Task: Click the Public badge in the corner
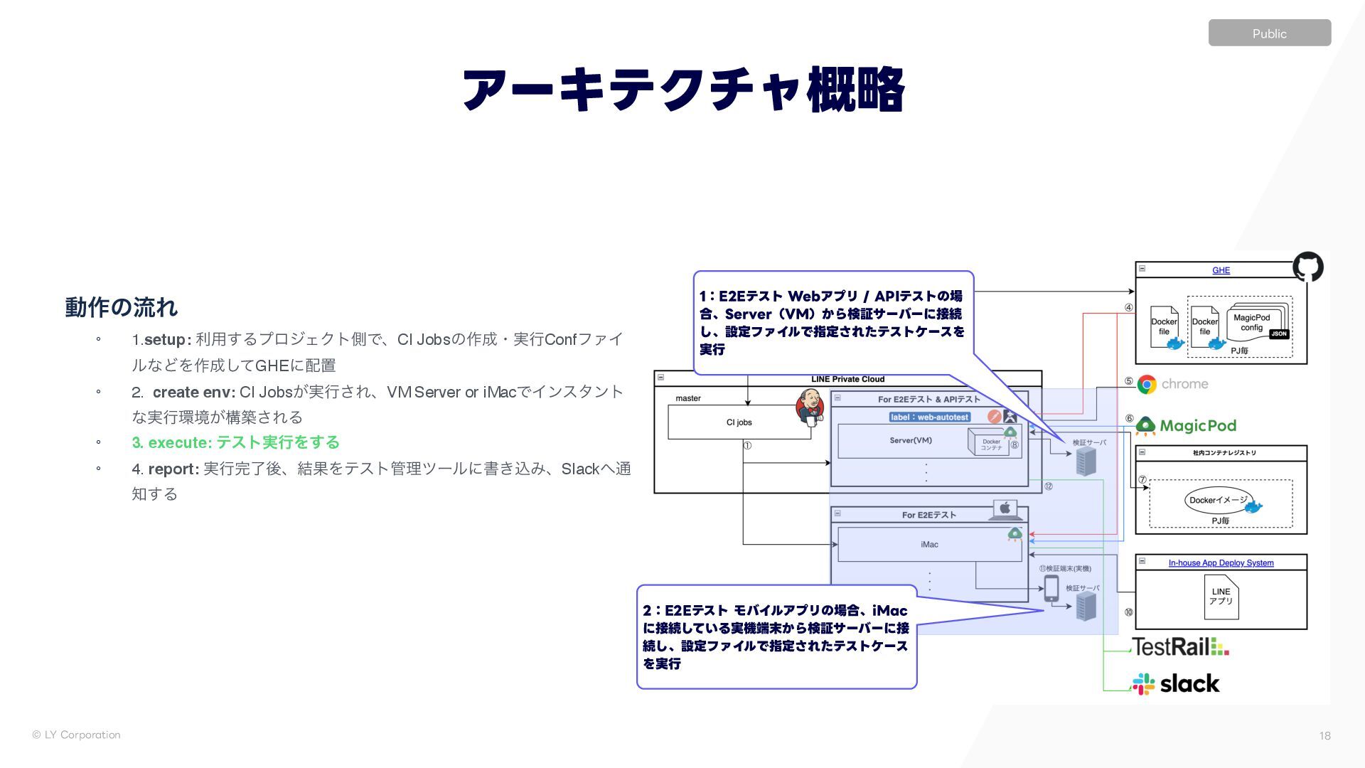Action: point(1269,33)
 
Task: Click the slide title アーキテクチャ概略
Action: point(682,90)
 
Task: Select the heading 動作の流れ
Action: point(121,307)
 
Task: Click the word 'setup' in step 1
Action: point(165,340)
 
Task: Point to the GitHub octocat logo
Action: point(1307,267)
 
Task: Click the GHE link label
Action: point(1221,270)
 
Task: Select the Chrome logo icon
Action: point(1147,384)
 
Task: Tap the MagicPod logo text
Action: point(1197,426)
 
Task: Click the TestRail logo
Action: point(1180,646)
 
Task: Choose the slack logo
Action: point(1177,684)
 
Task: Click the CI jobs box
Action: point(739,422)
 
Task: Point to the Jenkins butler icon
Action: point(809,407)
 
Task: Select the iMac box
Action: point(929,545)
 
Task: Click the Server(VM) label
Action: point(911,441)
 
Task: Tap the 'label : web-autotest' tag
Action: point(929,417)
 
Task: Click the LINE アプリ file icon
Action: point(1221,597)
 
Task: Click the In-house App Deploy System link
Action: point(1221,563)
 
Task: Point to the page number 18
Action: point(1324,736)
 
